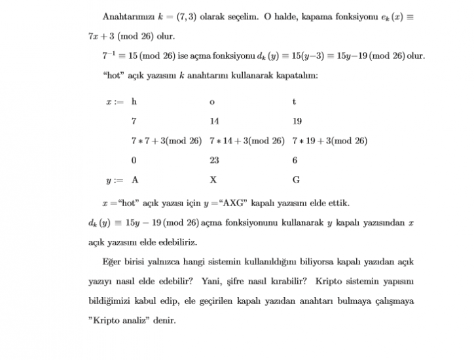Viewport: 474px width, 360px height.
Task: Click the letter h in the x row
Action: tap(134, 101)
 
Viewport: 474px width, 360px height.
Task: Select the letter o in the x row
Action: tap(212, 102)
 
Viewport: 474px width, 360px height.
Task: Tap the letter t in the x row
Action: tap(295, 101)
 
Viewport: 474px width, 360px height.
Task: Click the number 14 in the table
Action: tap(215, 121)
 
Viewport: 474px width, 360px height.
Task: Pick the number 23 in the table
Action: tap(215, 160)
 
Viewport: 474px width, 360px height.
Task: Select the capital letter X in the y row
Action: tap(213, 179)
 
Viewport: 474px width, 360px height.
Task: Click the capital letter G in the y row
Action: tap(296, 179)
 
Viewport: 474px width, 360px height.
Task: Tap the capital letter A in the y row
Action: tap(135, 179)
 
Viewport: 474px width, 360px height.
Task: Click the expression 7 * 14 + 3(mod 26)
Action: tap(247, 141)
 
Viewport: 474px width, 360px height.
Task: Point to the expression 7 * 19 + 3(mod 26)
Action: tap(330, 141)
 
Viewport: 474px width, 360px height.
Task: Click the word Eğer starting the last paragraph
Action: tap(112, 262)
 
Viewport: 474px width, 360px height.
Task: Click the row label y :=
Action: tap(114, 180)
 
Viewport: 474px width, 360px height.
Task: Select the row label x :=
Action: tap(114, 102)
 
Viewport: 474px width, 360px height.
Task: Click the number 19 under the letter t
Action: tap(297, 121)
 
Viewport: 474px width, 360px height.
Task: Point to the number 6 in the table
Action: tap(295, 160)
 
